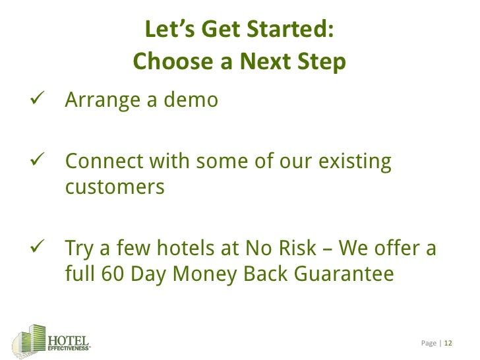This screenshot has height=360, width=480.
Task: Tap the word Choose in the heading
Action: point(165,62)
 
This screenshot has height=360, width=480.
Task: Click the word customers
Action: point(114,187)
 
